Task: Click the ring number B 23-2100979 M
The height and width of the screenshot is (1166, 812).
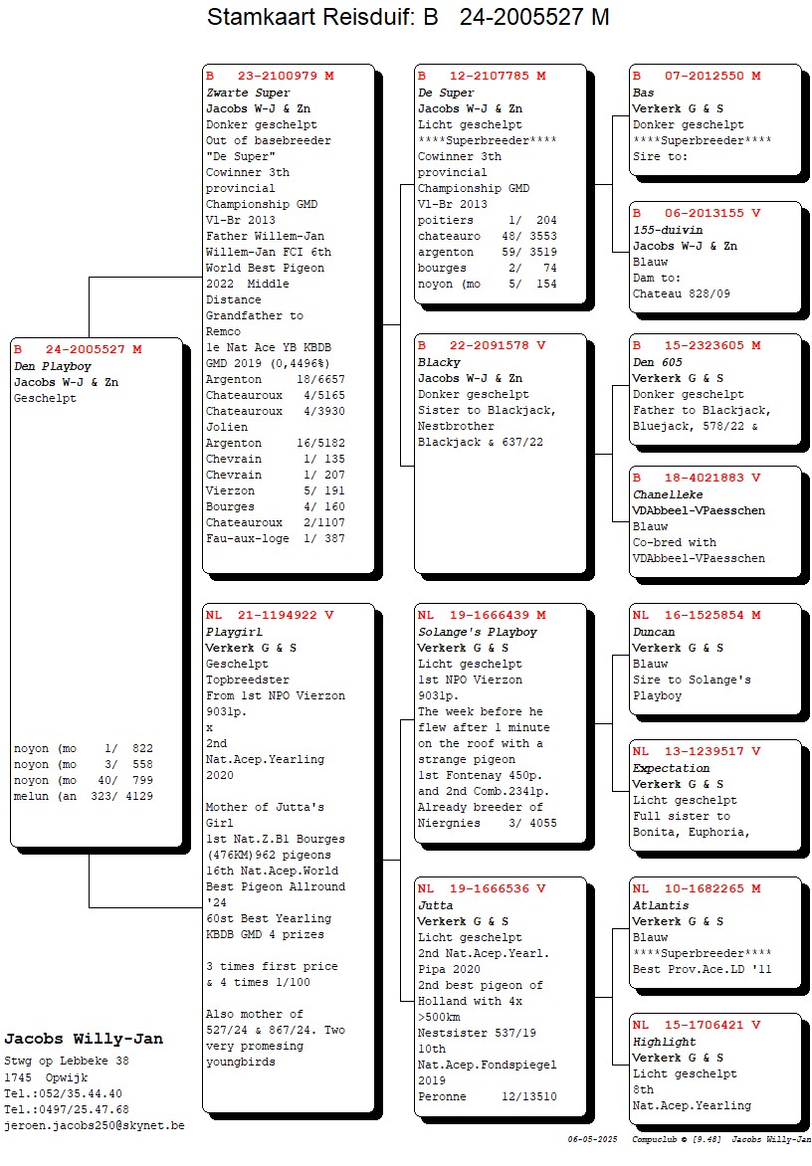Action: [x=270, y=76]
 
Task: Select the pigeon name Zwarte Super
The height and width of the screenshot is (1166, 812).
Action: [x=248, y=93]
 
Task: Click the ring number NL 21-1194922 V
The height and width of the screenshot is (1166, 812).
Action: [x=270, y=615]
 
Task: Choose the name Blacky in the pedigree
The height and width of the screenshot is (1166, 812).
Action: [x=438, y=363]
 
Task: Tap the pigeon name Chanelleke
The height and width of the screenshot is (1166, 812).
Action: [x=668, y=494]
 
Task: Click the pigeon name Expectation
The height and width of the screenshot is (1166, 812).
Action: [x=672, y=768]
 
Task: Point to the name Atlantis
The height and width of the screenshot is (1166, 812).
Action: [x=661, y=905]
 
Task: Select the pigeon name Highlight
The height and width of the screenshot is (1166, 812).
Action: [x=664, y=1042]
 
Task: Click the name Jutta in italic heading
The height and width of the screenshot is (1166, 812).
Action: [x=436, y=905]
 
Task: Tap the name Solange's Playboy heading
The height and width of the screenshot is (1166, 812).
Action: [x=477, y=632]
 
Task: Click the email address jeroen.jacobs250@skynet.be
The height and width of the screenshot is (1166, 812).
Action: [x=95, y=1125]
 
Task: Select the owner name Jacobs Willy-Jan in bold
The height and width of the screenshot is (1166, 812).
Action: [x=84, y=1039]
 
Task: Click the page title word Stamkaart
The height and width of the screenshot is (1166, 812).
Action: [x=261, y=18]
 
